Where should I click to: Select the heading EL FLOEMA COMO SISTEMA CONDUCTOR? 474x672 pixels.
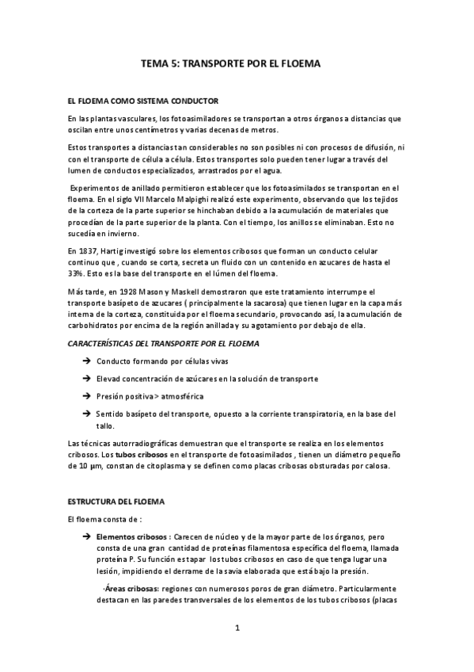pyautogui.click(x=142, y=101)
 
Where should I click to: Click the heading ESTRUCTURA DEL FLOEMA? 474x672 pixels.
pyautogui.click(x=116, y=502)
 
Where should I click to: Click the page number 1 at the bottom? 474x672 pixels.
pyautogui.click(x=237, y=628)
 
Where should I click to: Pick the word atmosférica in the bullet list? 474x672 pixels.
pyautogui.click(x=183, y=395)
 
